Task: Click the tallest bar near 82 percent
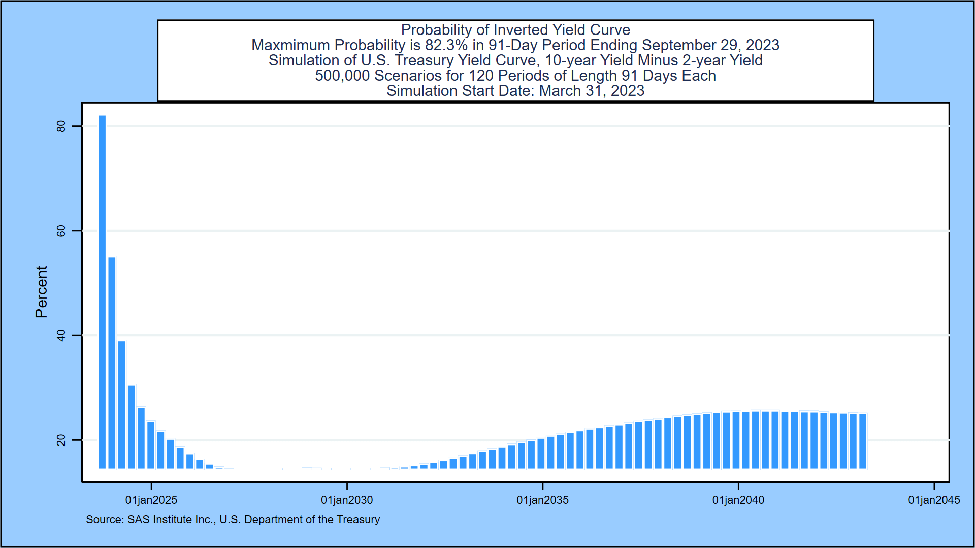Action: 102,292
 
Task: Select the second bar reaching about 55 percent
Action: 112,363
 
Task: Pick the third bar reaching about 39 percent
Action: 121,405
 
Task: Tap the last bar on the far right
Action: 863,441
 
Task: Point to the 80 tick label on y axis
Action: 61,126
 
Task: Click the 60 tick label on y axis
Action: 61,231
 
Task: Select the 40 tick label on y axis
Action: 61,336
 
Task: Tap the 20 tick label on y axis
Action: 61,440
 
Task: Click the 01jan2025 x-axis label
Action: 151,500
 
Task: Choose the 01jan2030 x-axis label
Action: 347,500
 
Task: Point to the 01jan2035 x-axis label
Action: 542,500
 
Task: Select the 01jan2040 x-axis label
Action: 738,500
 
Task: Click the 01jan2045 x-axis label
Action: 933,500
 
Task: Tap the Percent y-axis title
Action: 41,292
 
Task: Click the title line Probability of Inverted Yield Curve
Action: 515,30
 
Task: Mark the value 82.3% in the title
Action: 446,45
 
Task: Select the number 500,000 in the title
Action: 342,76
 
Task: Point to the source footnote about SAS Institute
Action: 233,520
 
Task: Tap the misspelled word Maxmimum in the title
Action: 290,45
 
